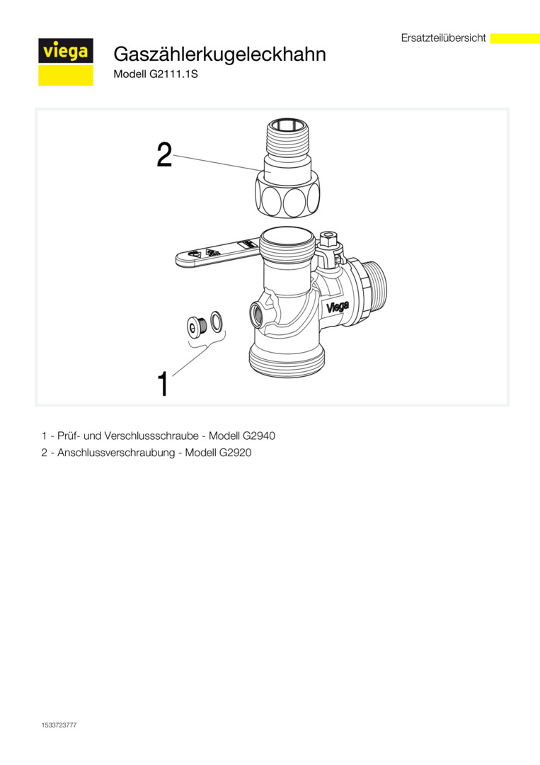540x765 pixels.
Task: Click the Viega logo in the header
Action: click(66, 62)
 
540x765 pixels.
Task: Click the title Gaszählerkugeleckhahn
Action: click(220, 54)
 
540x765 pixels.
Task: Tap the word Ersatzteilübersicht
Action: click(444, 38)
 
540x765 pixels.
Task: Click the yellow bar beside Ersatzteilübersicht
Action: click(515, 38)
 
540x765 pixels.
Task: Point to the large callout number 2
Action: click(164, 154)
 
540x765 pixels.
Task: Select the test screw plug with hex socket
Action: click(197, 325)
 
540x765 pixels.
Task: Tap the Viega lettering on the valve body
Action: click(338, 307)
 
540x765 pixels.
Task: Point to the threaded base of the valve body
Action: click(283, 358)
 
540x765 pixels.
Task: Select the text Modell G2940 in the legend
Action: click(242, 435)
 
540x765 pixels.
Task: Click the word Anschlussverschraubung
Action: click(116, 453)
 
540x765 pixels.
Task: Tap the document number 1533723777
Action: click(59, 725)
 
